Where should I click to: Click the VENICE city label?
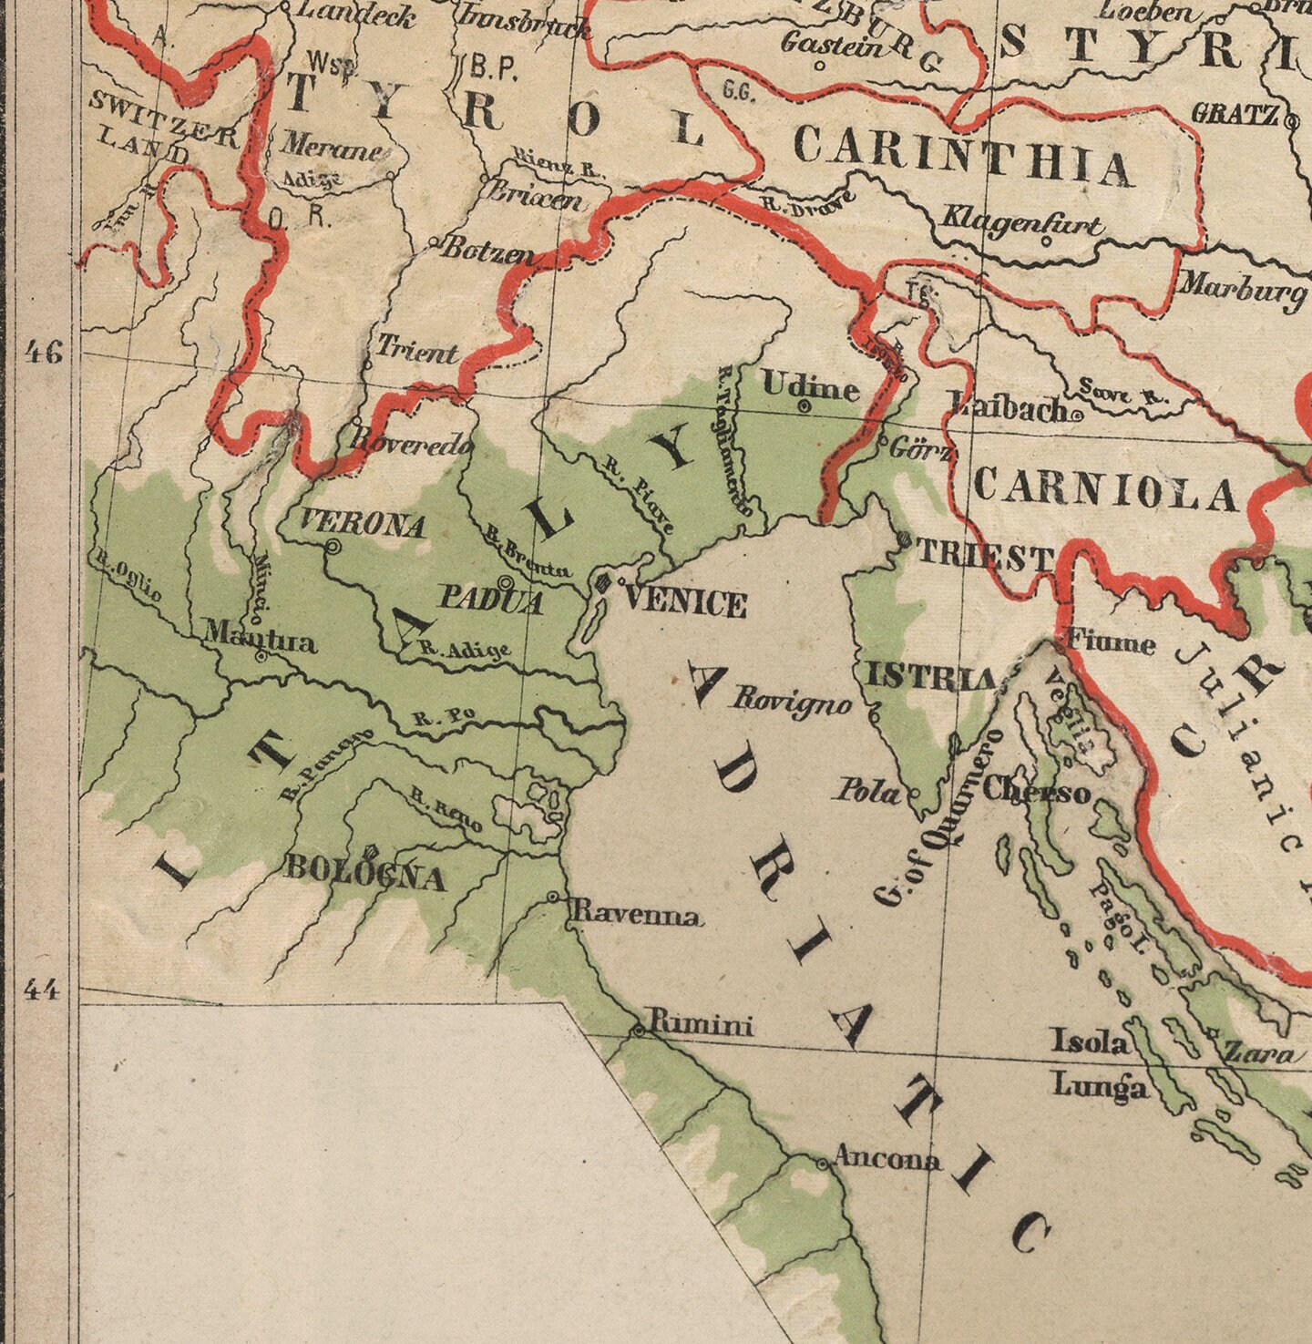tap(686, 603)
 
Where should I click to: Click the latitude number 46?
tap(43, 352)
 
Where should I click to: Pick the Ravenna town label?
tap(636, 915)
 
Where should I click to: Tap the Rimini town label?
tap(700, 1026)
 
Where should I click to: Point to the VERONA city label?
tap(363, 525)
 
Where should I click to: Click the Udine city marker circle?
tap(805, 406)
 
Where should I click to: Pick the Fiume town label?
tap(1110, 643)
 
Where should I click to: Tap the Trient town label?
tap(417, 349)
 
